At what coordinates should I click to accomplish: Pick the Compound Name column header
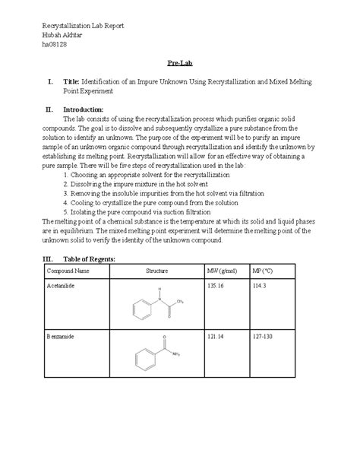[x=68, y=271]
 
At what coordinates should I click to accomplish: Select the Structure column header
[x=156, y=271]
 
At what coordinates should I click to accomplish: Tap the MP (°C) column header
[x=264, y=271]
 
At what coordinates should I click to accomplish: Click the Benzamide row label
[x=62, y=335]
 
